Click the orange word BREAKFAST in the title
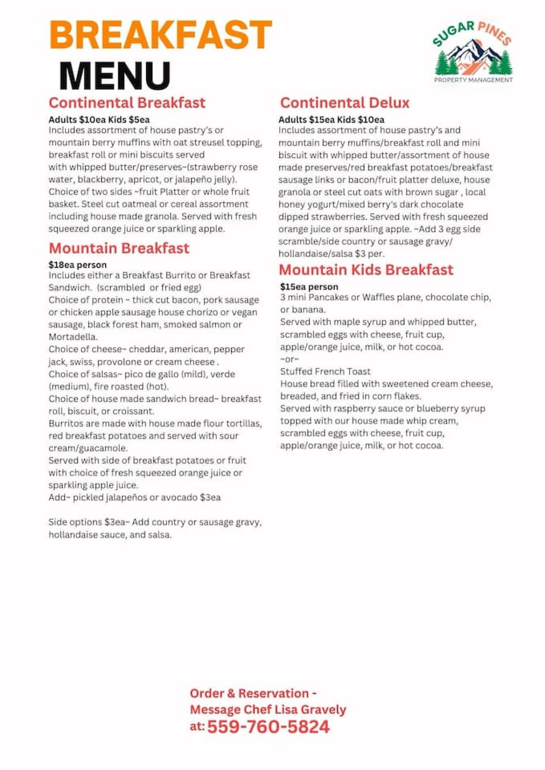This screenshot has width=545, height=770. tap(161, 35)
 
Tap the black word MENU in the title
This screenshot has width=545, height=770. tap(115, 76)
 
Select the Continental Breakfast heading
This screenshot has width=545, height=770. tap(127, 103)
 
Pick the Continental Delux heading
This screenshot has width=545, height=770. tap(344, 103)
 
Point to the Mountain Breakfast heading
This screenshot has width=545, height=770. tap(119, 248)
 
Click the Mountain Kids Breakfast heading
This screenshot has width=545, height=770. tap(366, 270)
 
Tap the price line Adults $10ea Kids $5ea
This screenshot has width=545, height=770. tap(99, 120)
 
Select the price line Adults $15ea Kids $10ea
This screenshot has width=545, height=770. tap(331, 120)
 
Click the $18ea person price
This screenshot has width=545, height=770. tap(77, 265)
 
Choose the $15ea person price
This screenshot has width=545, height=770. tap(309, 287)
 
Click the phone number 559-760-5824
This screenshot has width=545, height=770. tap(268, 727)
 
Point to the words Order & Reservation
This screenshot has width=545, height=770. tap(249, 693)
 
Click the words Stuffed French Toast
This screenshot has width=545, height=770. tap(325, 372)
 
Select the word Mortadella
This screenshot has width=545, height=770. tap(73, 337)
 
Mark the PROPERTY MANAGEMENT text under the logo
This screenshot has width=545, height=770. tap(473, 80)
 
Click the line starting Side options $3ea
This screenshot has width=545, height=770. tap(155, 522)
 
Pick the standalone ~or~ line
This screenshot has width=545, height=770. tap(290, 359)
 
